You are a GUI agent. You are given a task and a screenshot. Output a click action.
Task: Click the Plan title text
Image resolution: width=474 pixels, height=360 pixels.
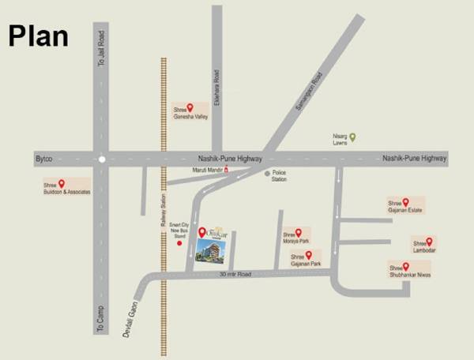coord(38,36)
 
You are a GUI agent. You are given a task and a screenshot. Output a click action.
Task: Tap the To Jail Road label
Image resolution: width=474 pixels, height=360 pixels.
coord(100,48)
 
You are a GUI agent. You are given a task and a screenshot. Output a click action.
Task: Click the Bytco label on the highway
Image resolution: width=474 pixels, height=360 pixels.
coord(43,159)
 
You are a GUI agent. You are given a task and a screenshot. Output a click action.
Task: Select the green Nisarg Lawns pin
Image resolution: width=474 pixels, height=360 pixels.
coord(353,137)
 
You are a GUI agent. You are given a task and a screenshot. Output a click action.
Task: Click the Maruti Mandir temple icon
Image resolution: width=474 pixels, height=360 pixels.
coord(227,169)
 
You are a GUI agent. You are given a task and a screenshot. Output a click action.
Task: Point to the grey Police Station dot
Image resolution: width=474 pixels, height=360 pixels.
coord(267,173)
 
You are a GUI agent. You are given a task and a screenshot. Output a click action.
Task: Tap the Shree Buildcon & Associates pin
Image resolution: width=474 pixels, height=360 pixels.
coord(61,183)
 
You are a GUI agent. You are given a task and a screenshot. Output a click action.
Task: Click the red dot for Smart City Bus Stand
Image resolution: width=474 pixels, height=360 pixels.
coord(179,243)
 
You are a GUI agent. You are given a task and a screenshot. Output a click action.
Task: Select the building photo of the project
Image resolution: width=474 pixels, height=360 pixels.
coord(211,251)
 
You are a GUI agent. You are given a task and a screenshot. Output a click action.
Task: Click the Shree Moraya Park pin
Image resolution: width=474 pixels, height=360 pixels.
coord(298,232)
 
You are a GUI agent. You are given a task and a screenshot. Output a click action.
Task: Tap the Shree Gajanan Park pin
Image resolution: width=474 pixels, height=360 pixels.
coord(308,254)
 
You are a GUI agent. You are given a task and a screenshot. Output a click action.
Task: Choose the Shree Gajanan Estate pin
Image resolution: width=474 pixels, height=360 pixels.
coord(406,201)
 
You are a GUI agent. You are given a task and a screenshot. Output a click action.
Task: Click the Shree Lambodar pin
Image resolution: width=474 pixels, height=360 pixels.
coord(429,242)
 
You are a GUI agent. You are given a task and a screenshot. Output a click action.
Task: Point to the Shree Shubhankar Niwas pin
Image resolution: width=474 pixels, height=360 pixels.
coord(406,266)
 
